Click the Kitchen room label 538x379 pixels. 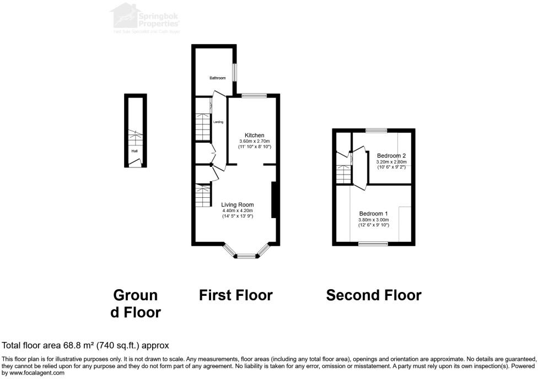(x=254, y=136)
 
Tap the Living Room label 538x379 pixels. (x=238, y=204)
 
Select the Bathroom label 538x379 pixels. (x=217, y=78)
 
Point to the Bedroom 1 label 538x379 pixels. (x=374, y=214)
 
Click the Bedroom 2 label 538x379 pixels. (x=391, y=156)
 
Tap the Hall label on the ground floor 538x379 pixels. (x=134, y=150)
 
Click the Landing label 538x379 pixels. (x=218, y=122)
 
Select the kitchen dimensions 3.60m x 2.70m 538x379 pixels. (x=254, y=142)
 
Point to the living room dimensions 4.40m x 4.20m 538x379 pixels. (x=238, y=210)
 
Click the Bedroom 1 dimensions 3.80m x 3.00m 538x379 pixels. (x=374, y=220)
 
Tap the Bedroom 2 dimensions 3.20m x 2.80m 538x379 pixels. (x=391, y=162)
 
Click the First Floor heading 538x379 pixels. (x=235, y=295)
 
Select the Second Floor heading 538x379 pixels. (x=374, y=295)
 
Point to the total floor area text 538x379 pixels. (x=85, y=345)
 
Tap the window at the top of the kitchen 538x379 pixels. (x=254, y=96)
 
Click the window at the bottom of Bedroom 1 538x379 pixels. (x=374, y=243)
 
